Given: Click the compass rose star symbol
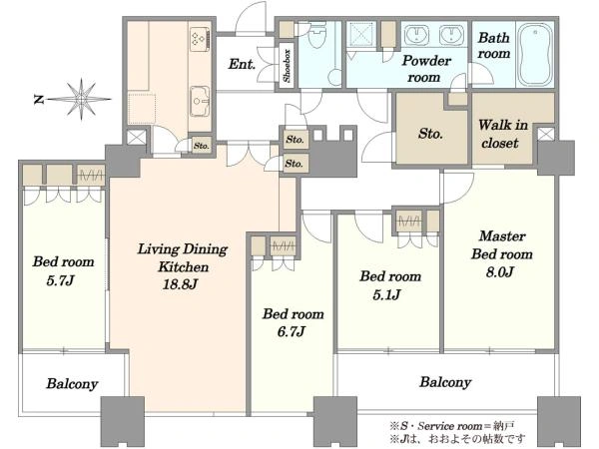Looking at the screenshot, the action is pos(81,99).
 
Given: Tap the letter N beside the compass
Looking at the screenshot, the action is pos(39,100).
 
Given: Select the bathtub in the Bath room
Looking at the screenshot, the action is pos(534,55).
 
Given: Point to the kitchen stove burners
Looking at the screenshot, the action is pos(199,39).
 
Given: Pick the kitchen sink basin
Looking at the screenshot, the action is pos(199,101).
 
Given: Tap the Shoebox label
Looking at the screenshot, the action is pos(287,66).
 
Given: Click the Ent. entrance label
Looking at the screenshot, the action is pos(242,64).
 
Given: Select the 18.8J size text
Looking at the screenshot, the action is pos(180,284).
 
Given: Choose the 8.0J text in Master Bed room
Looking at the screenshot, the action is pos(500,272).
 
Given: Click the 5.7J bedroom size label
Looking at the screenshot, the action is pos(60,281).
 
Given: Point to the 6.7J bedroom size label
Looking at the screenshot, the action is pos(292,331).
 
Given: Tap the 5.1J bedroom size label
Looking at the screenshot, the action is pos(386,294).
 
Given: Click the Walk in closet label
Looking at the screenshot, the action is pos(503,134).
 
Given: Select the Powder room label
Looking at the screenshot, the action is pos(426,69).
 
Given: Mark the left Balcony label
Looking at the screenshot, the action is pos(72,384).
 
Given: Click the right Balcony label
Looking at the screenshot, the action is pos(445,382).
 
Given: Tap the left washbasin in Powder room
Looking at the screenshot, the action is pos(416,35).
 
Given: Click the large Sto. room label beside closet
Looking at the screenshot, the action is pos(430,134).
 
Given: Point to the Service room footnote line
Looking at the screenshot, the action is pos(452,425).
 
